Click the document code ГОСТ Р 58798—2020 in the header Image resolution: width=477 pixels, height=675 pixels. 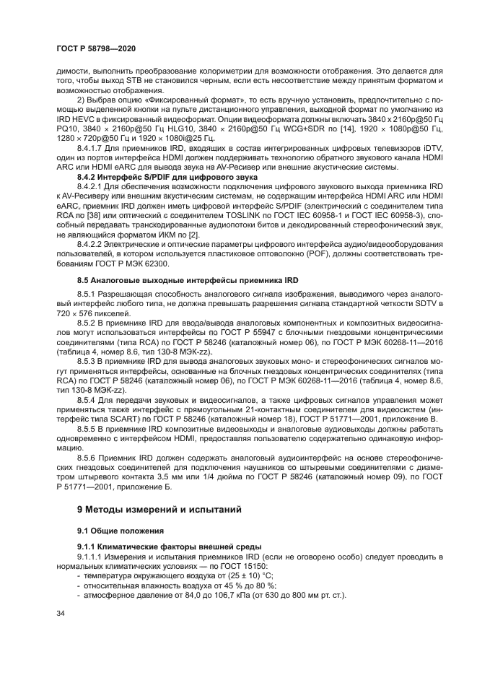click(x=96, y=47)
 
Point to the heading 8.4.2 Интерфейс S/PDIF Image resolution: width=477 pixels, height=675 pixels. click(x=168, y=176)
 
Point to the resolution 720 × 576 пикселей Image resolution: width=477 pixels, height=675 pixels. click(x=94, y=315)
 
